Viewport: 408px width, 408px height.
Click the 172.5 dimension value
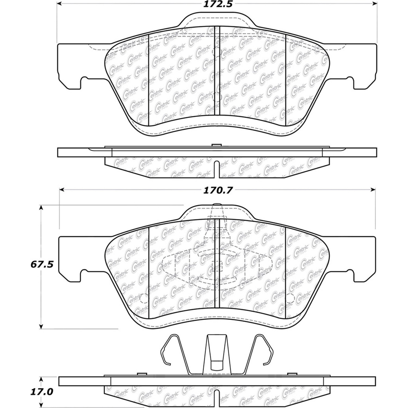pyautogui.click(x=217, y=4)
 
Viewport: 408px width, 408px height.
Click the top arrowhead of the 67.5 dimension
pyautogui.click(x=41, y=208)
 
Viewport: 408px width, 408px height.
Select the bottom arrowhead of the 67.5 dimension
pyautogui.click(x=41, y=326)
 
